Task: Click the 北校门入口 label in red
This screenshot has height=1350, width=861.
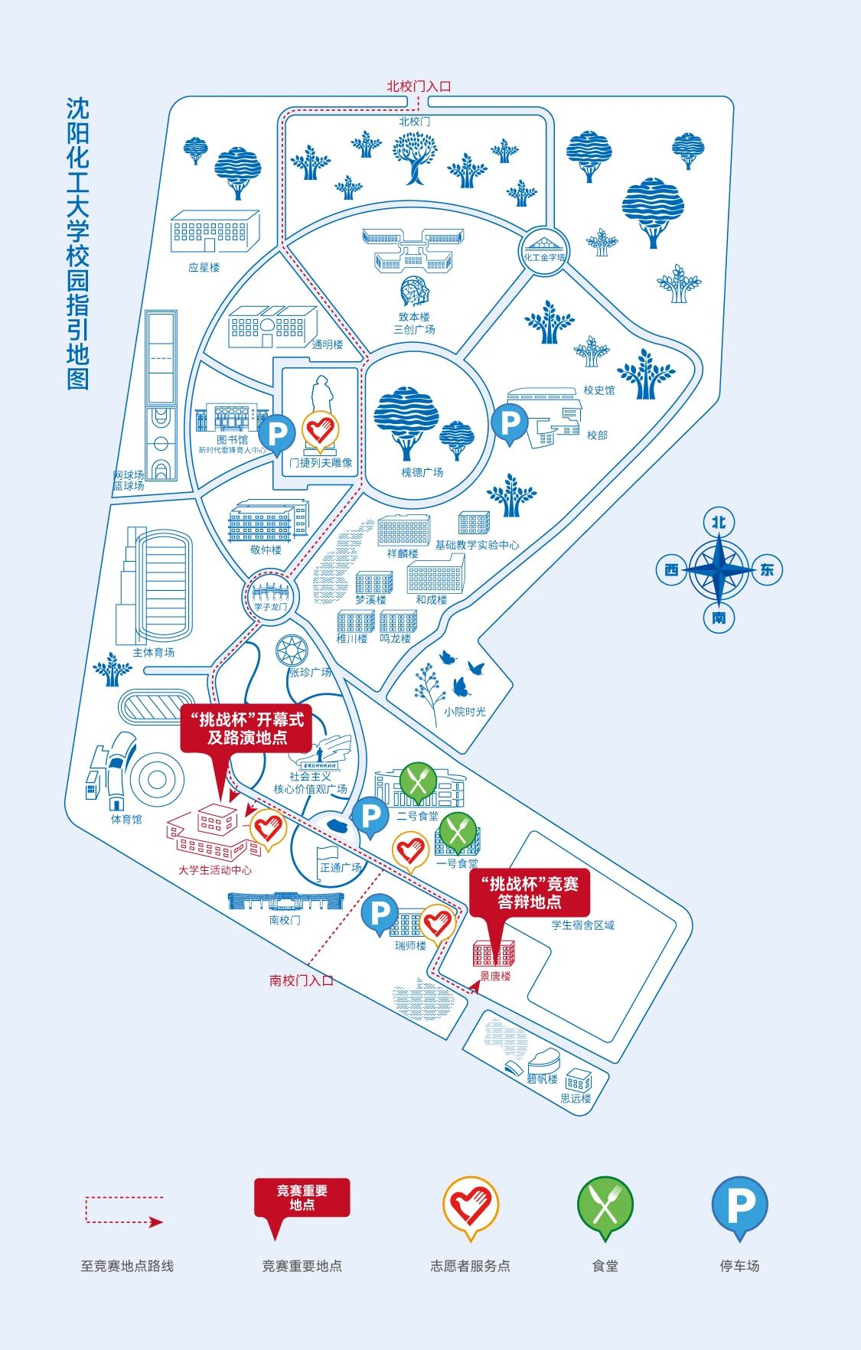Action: (419, 86)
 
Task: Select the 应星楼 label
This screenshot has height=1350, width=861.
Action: (204, 268)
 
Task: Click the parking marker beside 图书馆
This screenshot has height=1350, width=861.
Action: (276, 434)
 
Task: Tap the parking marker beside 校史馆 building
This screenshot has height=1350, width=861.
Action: (510, 422)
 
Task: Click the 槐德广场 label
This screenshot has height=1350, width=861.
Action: (422, 472)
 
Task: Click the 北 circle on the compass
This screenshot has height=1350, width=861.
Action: (719, 523)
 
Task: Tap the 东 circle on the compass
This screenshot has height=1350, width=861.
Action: (767, 569)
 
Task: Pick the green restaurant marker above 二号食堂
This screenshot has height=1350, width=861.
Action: (419, 781)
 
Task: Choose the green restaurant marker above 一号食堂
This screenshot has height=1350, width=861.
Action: (458, 831)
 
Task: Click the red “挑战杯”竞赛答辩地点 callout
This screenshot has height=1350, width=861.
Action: (530, 892)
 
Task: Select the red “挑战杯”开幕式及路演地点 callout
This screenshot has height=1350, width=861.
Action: (246, 729)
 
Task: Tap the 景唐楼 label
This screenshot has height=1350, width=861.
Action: (495, 977)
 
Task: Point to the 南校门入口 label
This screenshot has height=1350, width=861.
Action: (302, 980)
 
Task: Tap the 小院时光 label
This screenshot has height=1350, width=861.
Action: (465, 712)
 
